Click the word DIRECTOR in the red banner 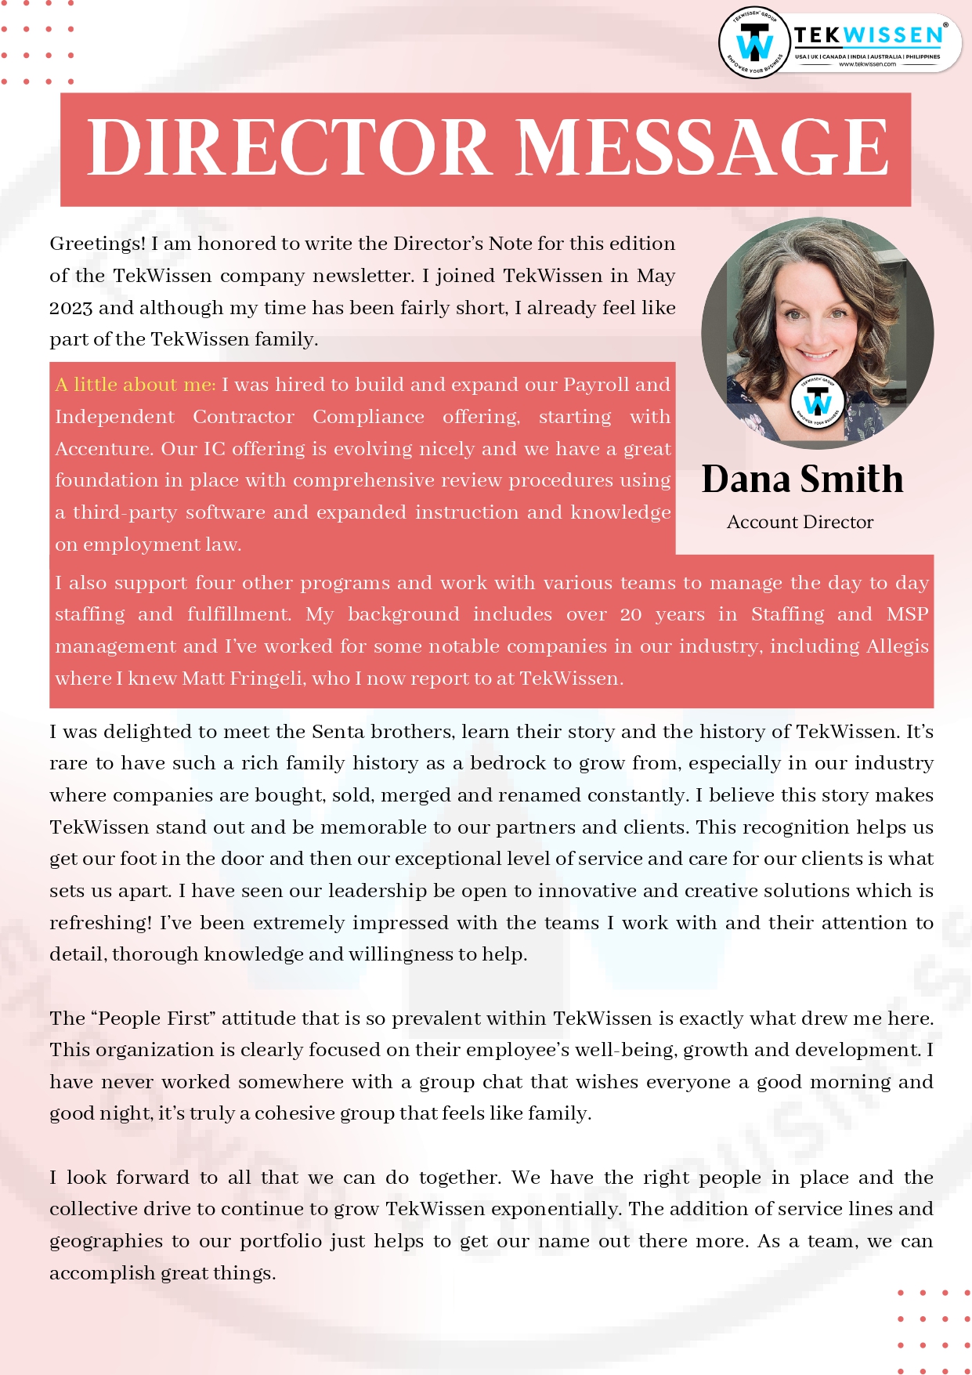[287, 148]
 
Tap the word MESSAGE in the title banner [703, 148]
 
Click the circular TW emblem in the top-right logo [754, 43]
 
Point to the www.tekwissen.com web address [867, 64]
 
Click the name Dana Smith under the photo [802, 479]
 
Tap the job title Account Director [800, 523]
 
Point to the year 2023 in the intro [71, 308]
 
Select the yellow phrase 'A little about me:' [135, 385]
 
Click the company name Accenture [103, 449]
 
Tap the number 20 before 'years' [631, 615]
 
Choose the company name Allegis [897, 646]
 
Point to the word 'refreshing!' [101, 923]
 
